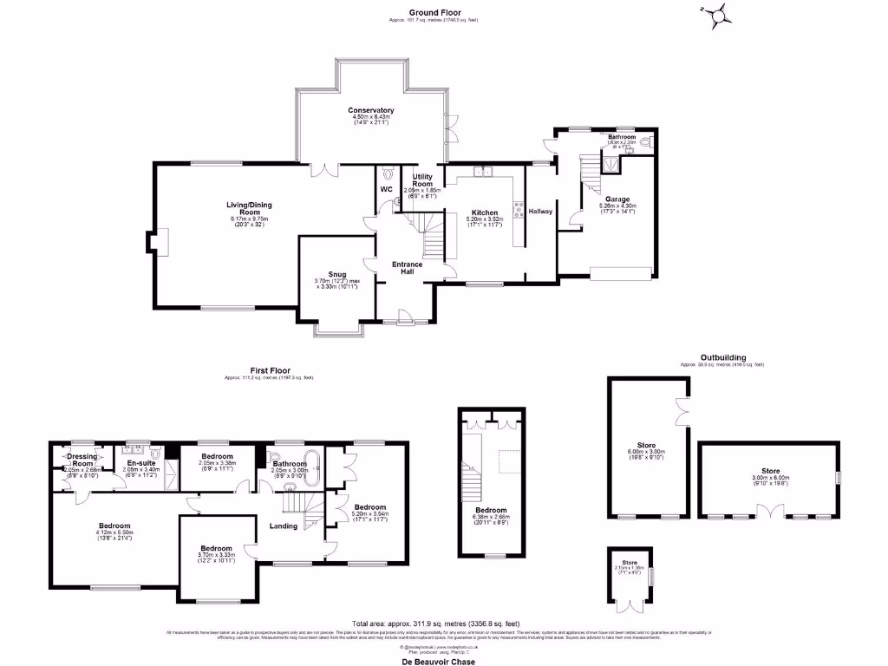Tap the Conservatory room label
(x=371, y=110)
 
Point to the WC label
(x=387, y=188)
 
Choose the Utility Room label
(x=422, y=180)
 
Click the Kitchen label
(x=484, y=212)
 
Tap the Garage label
(x=617, y=199)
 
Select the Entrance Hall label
(x=408, y=267)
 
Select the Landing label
(x=284, y=526)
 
